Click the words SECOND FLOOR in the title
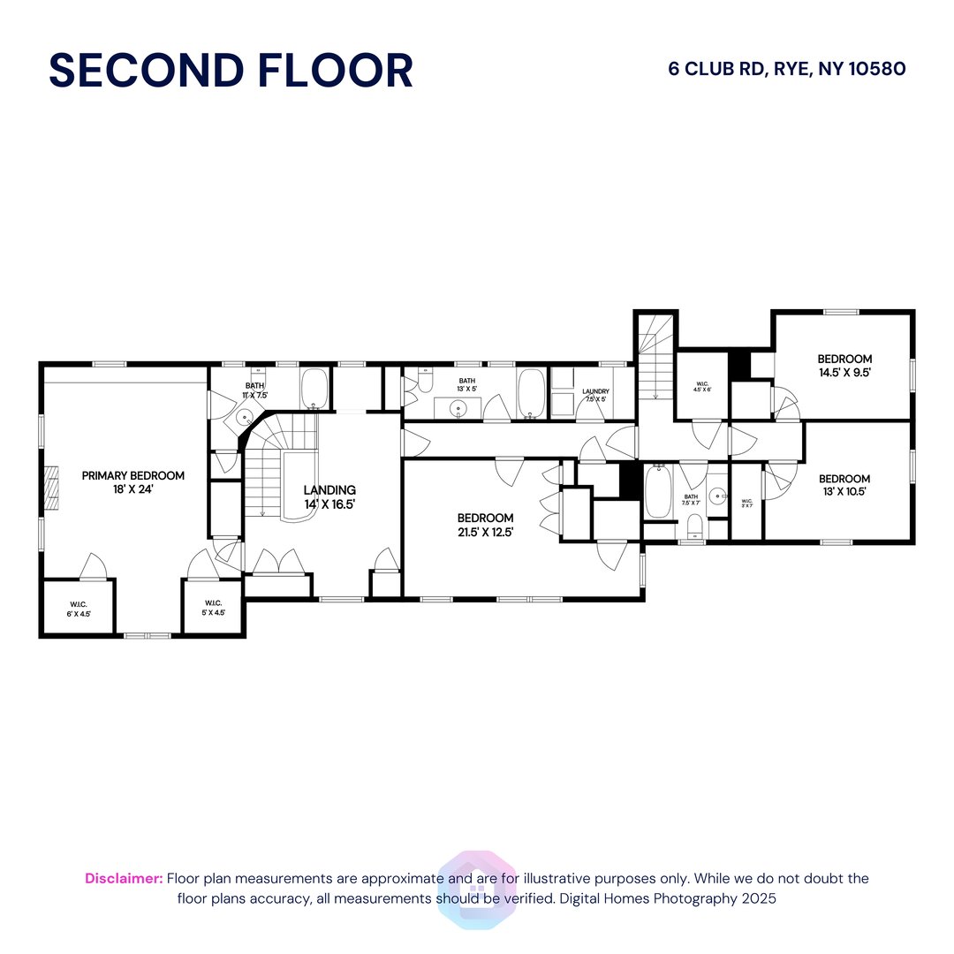coord(231,71)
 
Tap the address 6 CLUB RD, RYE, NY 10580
coord(787,69)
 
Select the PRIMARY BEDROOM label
coord(133,476)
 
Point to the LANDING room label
coord(329,490)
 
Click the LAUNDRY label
coord(595,391)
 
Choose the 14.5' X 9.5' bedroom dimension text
coord(844,373)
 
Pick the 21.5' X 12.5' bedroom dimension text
coord(485,532)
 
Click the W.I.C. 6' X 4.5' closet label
coord(79,607)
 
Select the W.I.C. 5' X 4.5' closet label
coord(212,607)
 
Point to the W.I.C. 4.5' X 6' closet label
coord(703,386)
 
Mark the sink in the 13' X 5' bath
coord(458,408)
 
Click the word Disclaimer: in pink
coord(124,878)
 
